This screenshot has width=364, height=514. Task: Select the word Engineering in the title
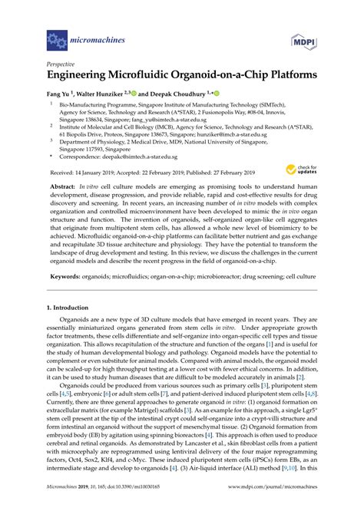pyautogui.click(x=83, y=78)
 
